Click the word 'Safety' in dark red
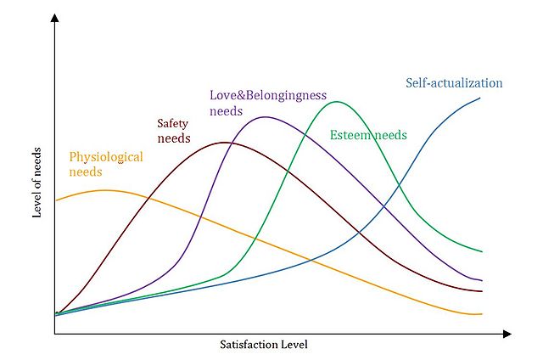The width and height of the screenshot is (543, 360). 174,123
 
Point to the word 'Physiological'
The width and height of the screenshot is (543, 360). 106,157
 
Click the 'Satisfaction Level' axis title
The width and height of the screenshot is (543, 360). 263,346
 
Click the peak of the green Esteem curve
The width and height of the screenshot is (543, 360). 338,102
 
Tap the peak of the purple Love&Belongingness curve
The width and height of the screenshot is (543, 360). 265,116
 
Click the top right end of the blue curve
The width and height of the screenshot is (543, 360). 480,98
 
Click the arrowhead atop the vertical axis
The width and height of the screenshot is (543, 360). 54,19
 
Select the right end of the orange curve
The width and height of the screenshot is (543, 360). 482,313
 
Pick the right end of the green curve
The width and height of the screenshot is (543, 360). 482,251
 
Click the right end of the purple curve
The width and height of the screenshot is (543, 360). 482,280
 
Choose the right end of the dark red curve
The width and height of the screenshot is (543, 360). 482,291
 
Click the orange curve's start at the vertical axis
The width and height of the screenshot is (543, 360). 56,200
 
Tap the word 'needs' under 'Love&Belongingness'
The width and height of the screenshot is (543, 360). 226,111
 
